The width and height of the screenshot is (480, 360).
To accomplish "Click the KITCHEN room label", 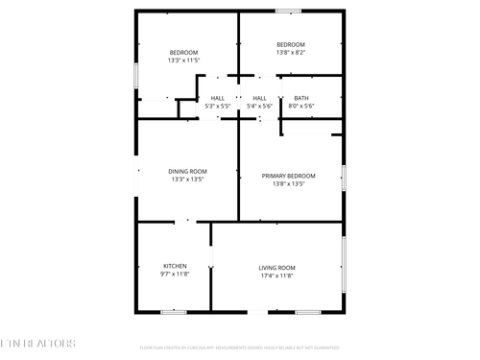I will click(x=175, y=266).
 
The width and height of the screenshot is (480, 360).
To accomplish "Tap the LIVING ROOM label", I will click(x=276, y=267).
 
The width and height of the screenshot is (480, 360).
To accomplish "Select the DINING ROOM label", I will click(x=187, y=171).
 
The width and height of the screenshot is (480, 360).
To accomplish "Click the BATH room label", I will click(x=301, y=98).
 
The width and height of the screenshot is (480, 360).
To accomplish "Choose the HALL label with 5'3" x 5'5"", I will click(x=218, y=98).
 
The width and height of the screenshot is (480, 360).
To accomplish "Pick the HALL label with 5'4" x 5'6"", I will click(x=259, y=98).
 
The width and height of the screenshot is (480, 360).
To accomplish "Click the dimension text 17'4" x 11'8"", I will click(x=276, y=276).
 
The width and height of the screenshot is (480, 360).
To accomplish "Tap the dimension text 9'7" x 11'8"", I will click(x=175, y=275).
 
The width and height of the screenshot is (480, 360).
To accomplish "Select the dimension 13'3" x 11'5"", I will click(x=183, y=60).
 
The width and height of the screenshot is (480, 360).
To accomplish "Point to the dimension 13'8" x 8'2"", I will click(x=290, y=54).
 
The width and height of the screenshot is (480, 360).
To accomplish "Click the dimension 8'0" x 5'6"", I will click(x=301, y=106).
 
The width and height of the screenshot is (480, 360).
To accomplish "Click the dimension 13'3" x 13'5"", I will click(x=187, y=180).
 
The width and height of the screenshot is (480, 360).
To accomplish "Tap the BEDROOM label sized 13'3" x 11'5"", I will click(x=183, y=52).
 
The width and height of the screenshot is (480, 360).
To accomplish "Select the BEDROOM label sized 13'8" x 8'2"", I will click(x=290, y=45).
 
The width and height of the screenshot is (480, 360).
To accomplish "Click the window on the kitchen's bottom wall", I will click(x=174, y=311).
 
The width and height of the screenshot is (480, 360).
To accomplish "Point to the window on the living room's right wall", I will click(x=344, y=264).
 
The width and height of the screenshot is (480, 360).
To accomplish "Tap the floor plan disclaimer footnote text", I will click(x=240, y=347).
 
